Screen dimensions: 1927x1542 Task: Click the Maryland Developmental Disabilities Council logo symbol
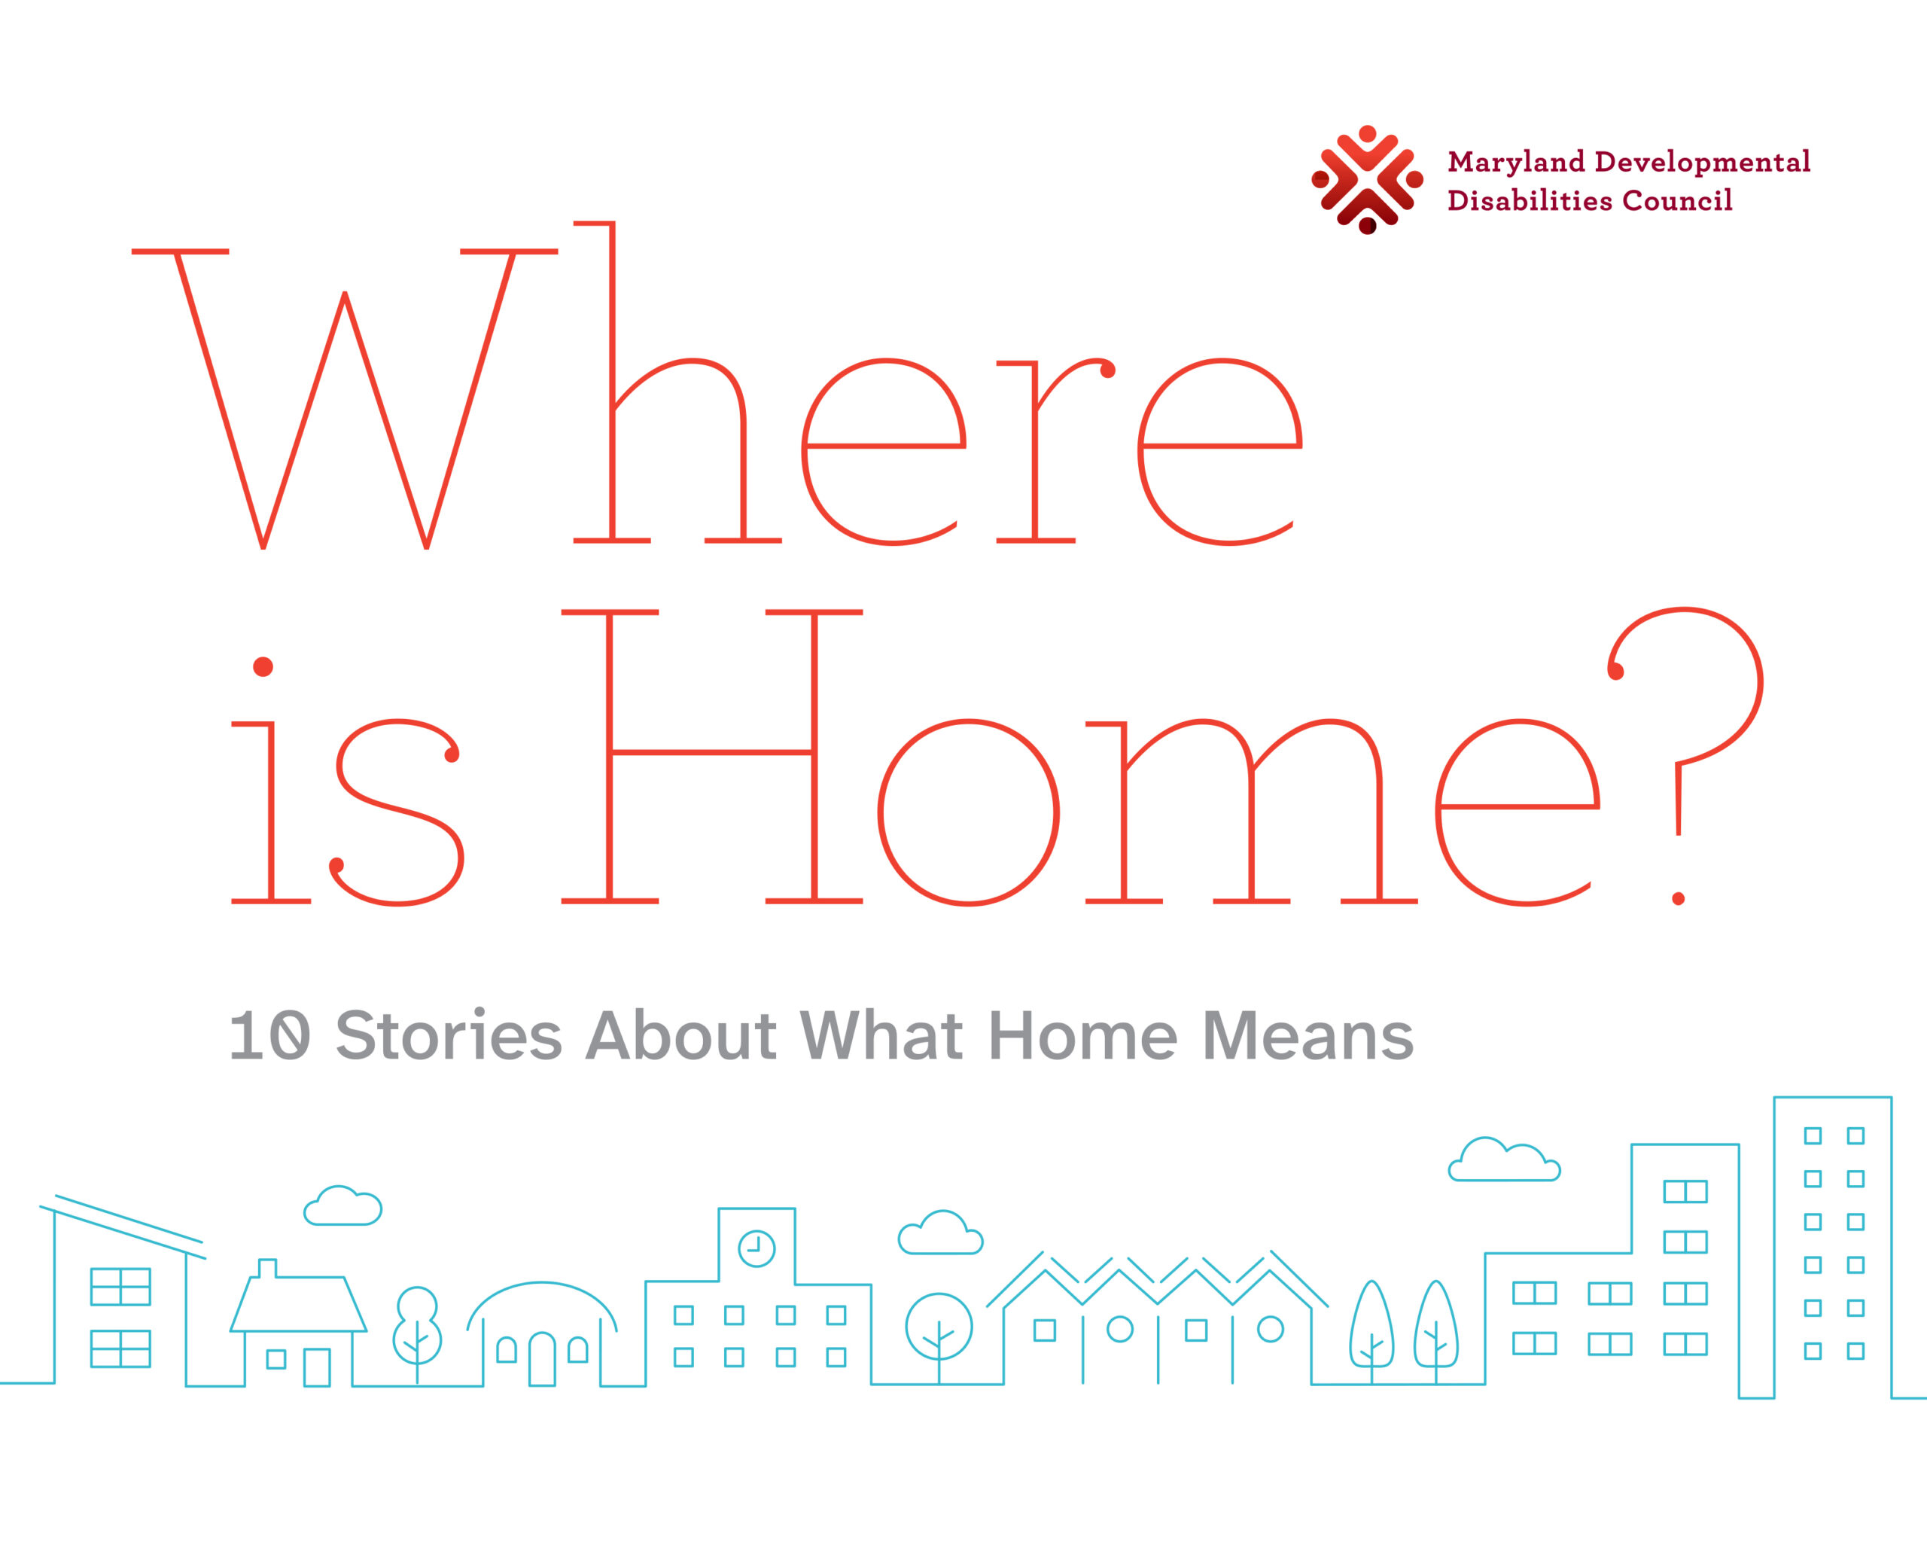pyautogui.click(x=1367, y=180)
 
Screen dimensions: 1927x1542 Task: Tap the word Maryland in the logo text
pyautogui.click(x=1516, y=162)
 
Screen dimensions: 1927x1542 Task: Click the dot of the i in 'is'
pyautogui.click(x=263, y=667)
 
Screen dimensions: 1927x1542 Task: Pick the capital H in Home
pyautogui.click(x=711, y=756)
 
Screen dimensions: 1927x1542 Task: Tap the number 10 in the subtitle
pyautogui.click(x=270, y=1036)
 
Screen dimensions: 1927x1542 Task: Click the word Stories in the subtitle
pyautogui.click(x=449, y=1035)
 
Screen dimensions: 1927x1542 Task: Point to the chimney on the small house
pyautogui.click(x=267, y=1269)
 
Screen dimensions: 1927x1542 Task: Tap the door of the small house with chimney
pyautogui.click(x=318, y=1367)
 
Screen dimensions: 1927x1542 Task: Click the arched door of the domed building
pyautogui.click(x=543, y=1360)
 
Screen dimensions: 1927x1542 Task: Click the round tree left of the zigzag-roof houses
pyautogui.click(x=939, y=1327)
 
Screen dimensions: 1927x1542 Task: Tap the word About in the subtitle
pyautogui.click(x=680, y=1035)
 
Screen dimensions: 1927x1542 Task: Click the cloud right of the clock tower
pyautogui.click(x=940, y=1233)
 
